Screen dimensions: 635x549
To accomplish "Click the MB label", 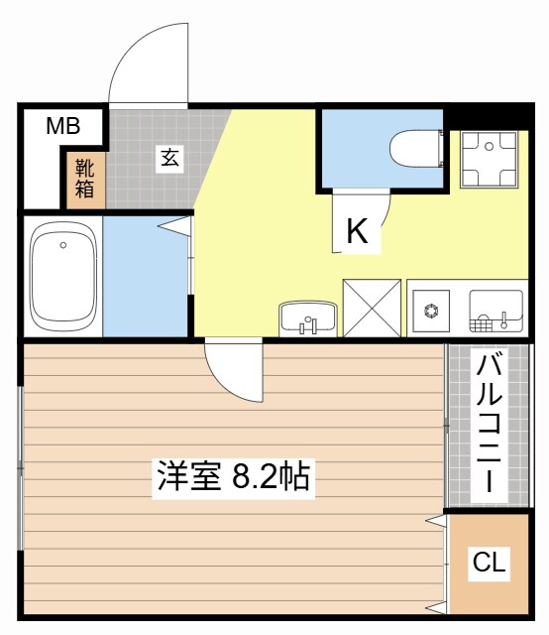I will coord(62,126).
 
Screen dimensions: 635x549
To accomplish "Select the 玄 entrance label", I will coord(170,158).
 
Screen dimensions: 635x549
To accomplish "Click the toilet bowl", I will coord(416,149).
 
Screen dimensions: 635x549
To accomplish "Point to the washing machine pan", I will coord(490,159).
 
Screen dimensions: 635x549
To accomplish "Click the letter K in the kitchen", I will coord(357,233).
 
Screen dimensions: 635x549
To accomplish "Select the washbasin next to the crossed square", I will coord(307,319).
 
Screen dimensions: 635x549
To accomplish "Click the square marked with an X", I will coord(372,308).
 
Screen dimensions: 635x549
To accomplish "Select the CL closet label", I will coord(489,564).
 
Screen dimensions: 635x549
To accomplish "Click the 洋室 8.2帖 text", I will coord(233,477).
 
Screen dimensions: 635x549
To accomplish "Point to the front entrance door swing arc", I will coord(147,64).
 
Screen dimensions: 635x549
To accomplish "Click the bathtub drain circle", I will coord(62,245).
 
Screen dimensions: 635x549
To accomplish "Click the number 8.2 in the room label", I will coord(255,478).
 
